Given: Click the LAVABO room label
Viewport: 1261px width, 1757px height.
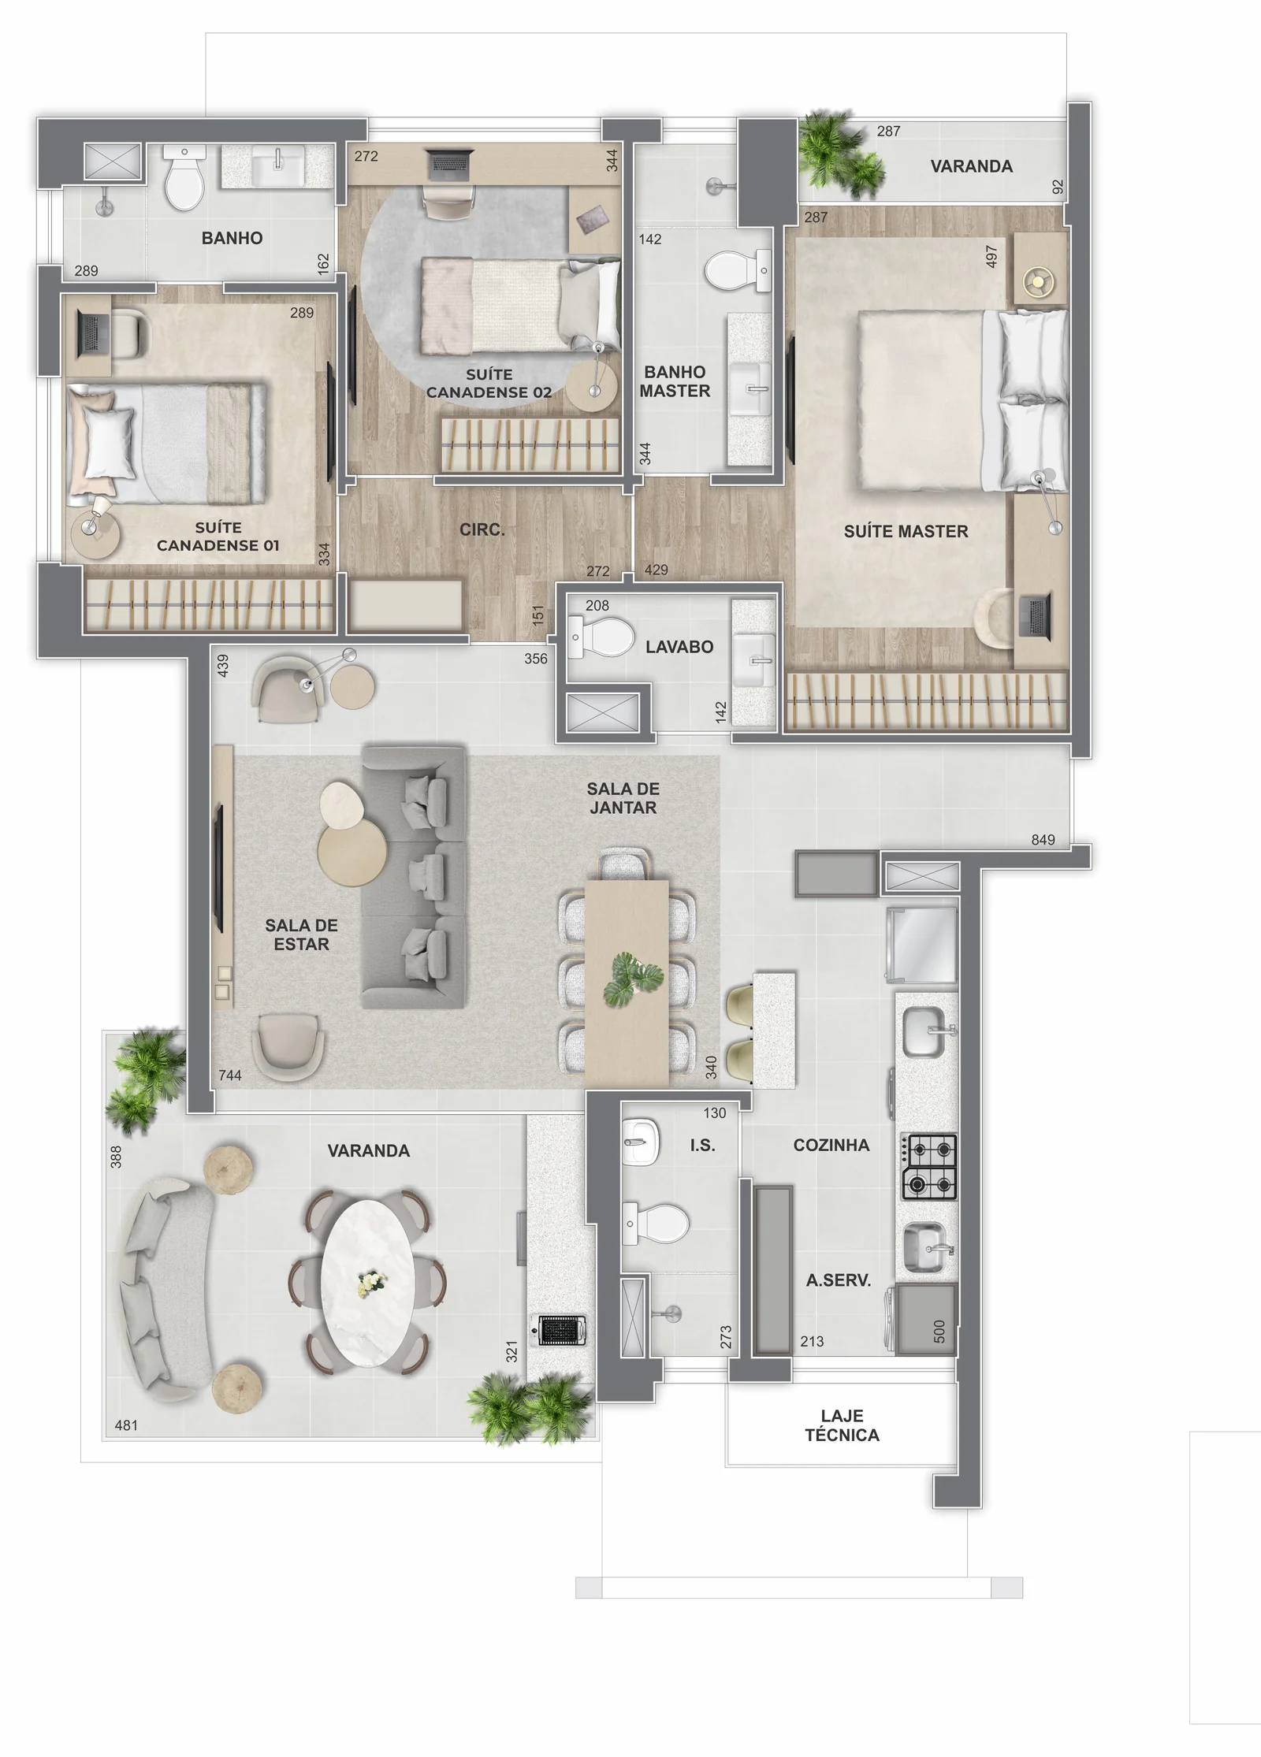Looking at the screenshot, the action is click(x=679, y=647).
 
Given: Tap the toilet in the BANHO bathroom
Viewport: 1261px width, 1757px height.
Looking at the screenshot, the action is click(x=185, y=177).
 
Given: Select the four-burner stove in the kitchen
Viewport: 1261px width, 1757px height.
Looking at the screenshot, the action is click(x=929, y=1167).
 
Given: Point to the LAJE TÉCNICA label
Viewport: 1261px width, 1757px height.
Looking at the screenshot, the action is click(x=842, y=1425).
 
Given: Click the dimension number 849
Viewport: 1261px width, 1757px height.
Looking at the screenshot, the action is click(x=1043, y=840).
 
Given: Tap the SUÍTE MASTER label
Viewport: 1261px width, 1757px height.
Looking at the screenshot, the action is click(x=906, y=532).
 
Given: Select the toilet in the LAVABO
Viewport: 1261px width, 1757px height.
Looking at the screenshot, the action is click(x=601, y=637).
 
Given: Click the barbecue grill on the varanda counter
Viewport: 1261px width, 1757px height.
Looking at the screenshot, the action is click(x=562, y=1331).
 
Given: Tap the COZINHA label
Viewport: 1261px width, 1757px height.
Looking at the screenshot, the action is click(x=831, y=1146).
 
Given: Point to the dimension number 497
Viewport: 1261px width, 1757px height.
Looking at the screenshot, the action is click(x=991, y=256).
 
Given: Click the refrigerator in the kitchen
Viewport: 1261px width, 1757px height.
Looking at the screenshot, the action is click(x=922, y=944).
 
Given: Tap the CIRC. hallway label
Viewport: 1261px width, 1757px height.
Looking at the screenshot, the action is click(x=482, y=530).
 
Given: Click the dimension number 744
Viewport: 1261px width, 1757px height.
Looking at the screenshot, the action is click(x=230, y=1075).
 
